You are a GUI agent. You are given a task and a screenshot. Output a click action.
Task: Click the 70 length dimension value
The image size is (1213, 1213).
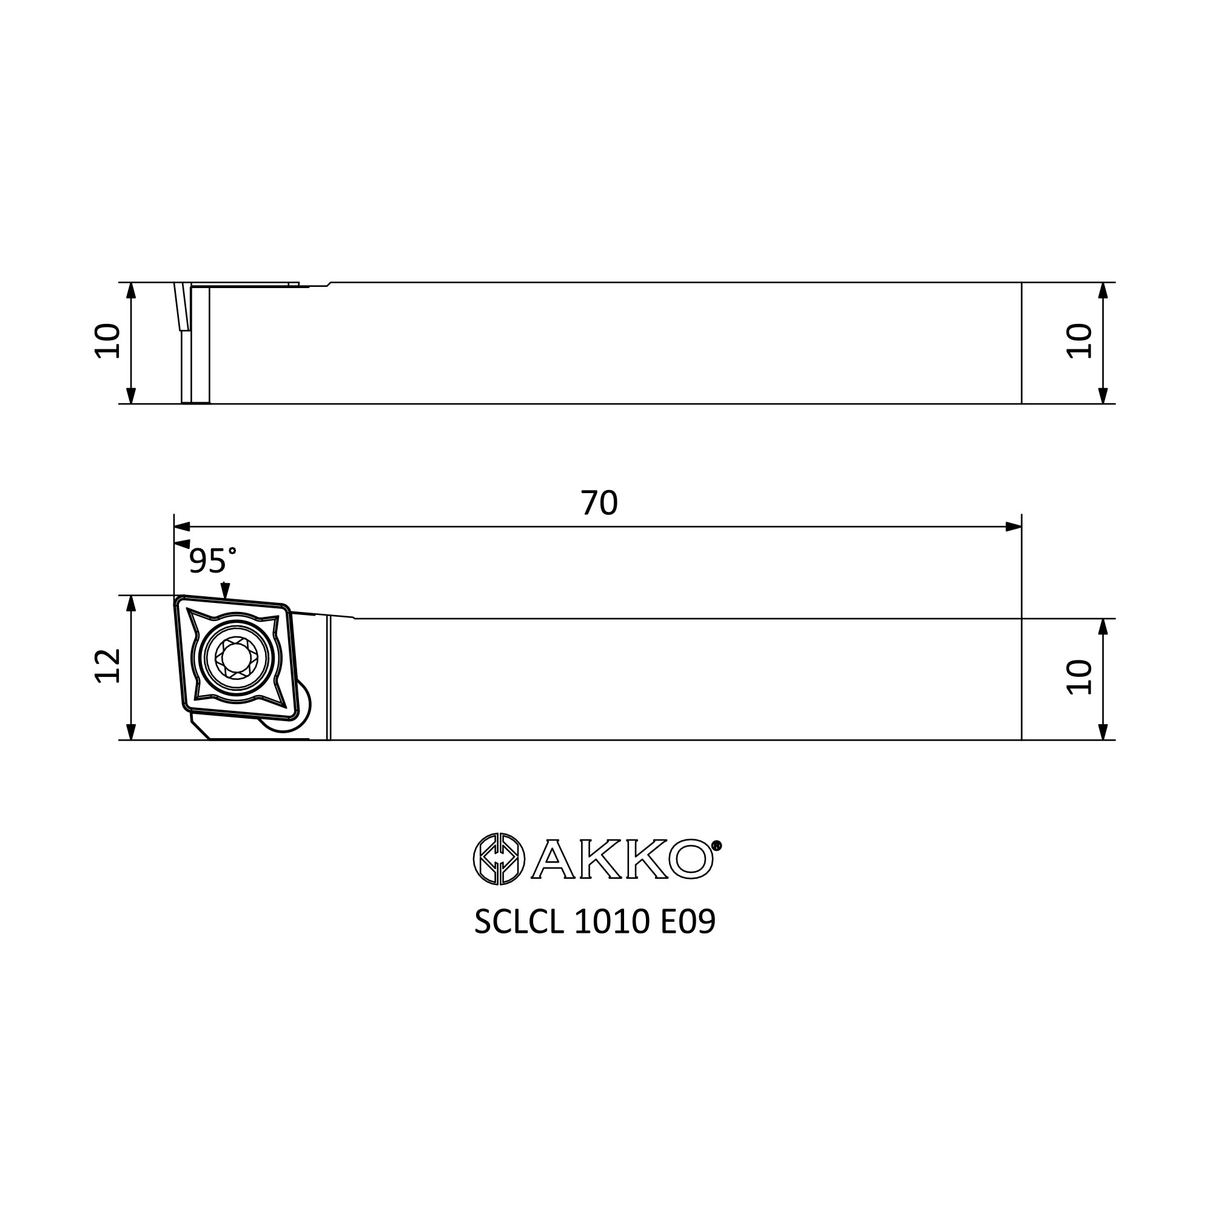tap(599, 503)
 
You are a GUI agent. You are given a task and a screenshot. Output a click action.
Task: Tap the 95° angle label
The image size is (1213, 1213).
tap(212, 560)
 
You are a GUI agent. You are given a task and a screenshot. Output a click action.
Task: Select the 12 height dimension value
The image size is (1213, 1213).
tap(107, 666)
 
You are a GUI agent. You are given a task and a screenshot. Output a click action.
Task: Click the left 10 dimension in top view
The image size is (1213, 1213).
tap(107, 341)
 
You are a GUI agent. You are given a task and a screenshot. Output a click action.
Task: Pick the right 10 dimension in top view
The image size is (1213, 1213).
tap(1080, 341)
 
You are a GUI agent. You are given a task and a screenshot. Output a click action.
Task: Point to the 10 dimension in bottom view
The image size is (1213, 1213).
tap(1080, 677)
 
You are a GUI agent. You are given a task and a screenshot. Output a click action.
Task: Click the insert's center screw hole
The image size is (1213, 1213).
tap(235, 657)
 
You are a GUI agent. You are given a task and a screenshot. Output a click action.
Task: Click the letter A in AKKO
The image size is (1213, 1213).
tap(553, 859)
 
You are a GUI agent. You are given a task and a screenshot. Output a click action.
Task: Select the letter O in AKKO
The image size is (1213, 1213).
tap(691, 859)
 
